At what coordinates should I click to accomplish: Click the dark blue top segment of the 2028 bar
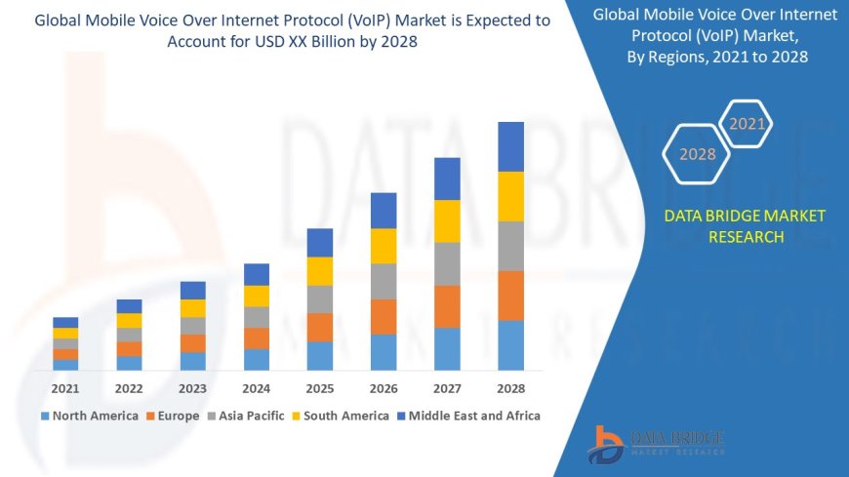510,146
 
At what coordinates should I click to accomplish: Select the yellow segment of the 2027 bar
447,220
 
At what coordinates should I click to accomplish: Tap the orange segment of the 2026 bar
384,316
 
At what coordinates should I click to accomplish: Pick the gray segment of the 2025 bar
320,298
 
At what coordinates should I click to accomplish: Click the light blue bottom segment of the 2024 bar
257,359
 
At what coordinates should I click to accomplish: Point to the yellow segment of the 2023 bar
193,308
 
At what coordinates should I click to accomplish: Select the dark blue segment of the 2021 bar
65,322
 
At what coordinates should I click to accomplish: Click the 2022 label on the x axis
129,387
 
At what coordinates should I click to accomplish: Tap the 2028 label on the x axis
510,387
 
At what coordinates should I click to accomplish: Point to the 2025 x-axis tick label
320,387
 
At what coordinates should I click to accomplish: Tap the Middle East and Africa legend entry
467,416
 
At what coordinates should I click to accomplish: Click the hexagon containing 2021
748,124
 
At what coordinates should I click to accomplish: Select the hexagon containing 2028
698,154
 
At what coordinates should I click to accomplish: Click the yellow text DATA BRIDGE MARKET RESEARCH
745,225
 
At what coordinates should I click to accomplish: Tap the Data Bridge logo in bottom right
656,443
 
